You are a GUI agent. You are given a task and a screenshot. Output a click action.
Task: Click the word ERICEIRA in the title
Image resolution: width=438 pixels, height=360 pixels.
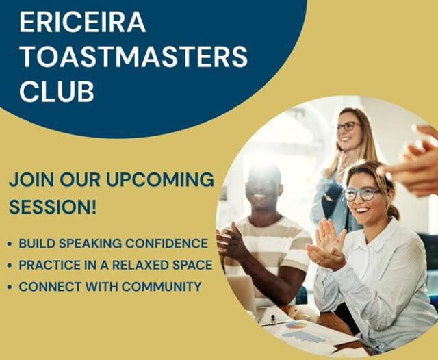point(82,23)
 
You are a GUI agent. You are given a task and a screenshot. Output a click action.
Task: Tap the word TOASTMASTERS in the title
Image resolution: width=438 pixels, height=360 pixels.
point(133,57)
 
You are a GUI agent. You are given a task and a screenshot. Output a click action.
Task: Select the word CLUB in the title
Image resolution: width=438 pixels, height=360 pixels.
point(57,92)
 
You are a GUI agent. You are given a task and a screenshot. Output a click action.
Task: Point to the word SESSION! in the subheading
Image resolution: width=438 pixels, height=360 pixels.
point(53,206)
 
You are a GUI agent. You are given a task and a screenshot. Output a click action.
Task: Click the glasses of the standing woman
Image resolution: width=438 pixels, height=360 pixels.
point(348,127)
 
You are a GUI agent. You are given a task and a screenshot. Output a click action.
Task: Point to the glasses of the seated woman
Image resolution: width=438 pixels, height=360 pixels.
point(360,194)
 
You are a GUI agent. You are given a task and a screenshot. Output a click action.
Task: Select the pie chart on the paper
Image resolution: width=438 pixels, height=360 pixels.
point(296,325)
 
